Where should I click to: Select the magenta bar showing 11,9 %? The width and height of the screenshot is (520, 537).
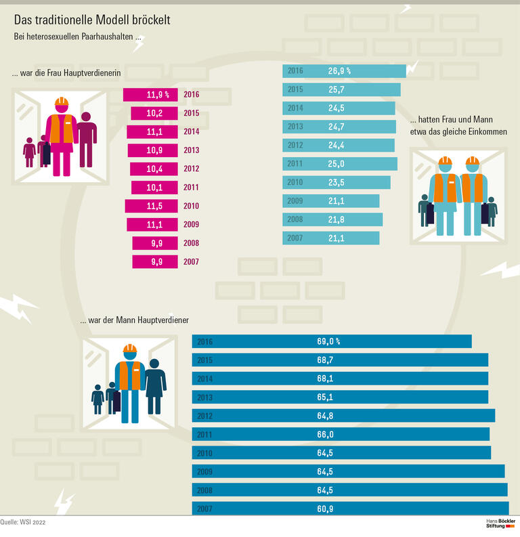point(151,95)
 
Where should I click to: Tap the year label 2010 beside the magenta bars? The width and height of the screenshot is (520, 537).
point(191,206)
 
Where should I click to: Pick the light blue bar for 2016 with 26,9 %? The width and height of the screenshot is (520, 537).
point(343,71)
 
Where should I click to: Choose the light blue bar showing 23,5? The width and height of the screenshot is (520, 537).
point(336,183)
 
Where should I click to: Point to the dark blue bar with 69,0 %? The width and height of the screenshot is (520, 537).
point(331,342)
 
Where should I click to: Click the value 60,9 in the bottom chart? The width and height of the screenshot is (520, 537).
point(326,509)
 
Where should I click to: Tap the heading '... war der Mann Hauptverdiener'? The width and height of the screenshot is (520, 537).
point(134,320)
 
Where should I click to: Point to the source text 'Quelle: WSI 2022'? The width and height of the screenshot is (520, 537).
point(24,523)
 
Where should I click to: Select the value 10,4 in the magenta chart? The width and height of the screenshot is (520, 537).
point(156,169)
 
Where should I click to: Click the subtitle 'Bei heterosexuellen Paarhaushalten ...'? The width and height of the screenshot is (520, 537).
point(77,38)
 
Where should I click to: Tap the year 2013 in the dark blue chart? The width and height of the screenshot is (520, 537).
point(204,397)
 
